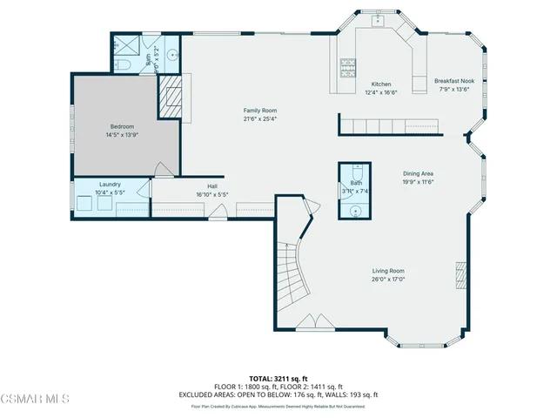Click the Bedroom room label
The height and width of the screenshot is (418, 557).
click(x=123, y=127)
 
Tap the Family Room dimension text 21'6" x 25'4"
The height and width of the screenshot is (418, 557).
click(x=259, y=118)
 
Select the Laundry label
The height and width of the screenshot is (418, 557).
click(x=110, y=185)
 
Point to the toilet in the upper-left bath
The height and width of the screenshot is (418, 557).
click(x=122, y=66)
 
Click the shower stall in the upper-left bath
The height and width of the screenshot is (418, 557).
click(x=125, y=48)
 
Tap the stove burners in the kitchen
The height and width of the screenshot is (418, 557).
click(x=346, y=64)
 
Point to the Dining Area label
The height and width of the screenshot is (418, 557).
click(x=418, y=174)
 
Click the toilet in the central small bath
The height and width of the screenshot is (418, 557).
click(x=357, y=172)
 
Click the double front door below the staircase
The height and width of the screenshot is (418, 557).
click(x=309, y=325)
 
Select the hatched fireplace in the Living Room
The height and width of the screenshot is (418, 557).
click(x=460, y=276)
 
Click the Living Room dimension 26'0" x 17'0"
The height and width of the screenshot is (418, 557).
click(x=388, y=280)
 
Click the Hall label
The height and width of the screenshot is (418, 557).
click(x=211, y=185)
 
